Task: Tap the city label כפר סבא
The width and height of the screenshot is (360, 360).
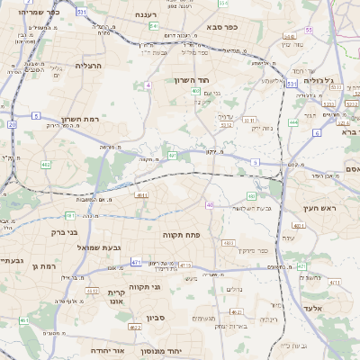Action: coord(220,27)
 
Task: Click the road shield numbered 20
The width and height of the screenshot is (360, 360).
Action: coord(12,125)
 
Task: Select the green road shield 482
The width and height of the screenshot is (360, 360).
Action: coord(45,165)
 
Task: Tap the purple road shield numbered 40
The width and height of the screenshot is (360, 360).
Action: coord(210,205)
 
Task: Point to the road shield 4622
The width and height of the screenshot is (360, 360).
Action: coord(135,327)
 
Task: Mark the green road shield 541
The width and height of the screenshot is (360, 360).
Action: coord(154,26)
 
